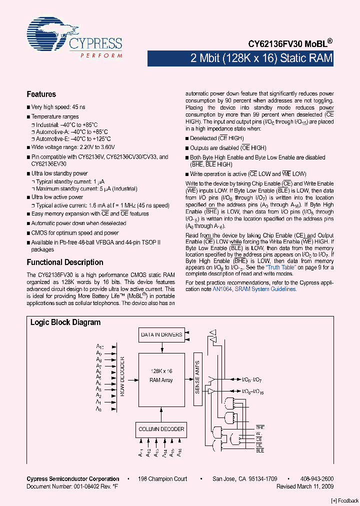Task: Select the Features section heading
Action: tap(41, 94)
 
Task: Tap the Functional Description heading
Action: tap(64, 262)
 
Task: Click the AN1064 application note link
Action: tap(222, 288)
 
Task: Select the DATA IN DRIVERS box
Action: tap(161, 334)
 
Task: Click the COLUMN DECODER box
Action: tap(161, 429)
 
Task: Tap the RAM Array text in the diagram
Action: tap(161, 380)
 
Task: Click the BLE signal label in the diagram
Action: tap(260, 450)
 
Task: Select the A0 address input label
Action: tap(99, 409)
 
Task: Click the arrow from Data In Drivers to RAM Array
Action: tap(161, 346)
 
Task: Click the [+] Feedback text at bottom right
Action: tap(345, 501)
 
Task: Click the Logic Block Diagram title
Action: tap(65, 322)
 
